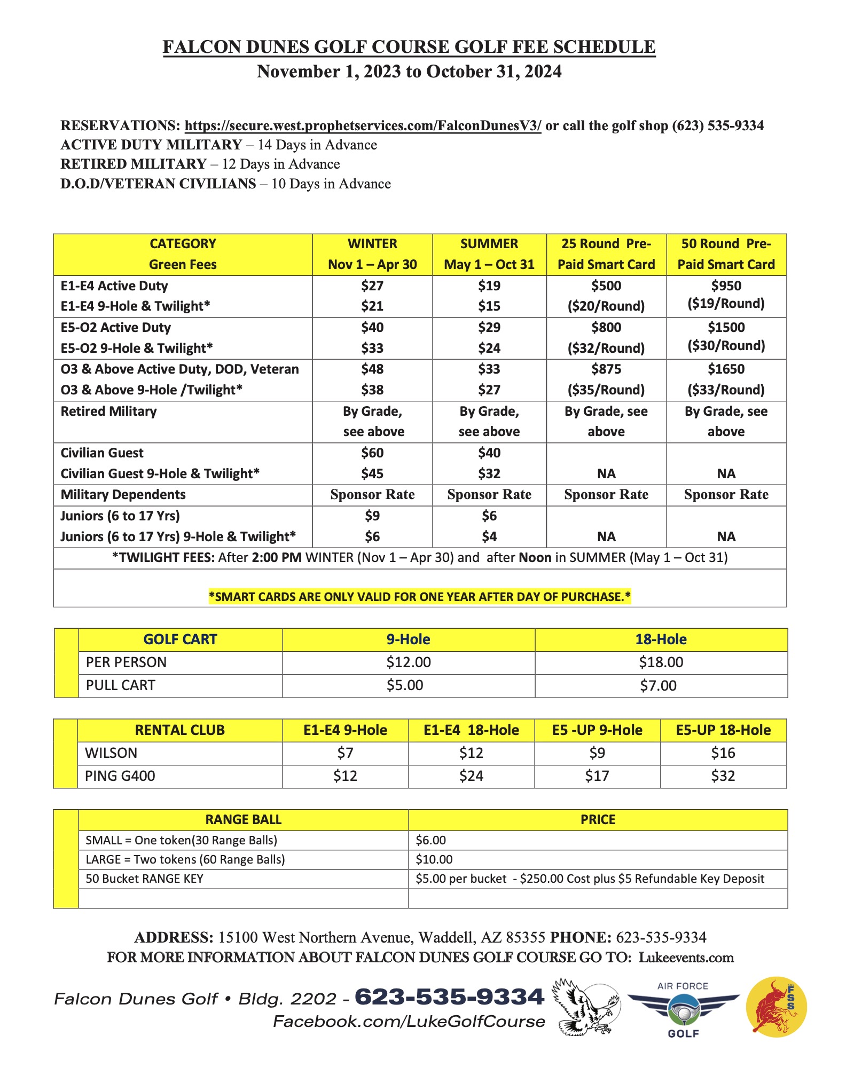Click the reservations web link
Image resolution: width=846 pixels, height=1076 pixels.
pos(363,126)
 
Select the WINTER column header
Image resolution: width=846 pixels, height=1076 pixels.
pos(372,244)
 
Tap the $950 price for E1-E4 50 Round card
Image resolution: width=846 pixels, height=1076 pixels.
pos(726,286)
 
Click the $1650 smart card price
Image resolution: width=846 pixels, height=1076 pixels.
pos(726,369)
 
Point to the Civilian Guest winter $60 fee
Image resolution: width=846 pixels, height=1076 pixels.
pos(372,453)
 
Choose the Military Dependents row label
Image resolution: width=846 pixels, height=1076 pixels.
pos(123,495)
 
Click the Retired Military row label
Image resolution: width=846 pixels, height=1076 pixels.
pos(109,412)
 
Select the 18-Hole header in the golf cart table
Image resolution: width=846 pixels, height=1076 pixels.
pos(661,639)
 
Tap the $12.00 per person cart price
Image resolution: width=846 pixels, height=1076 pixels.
pos(409,662)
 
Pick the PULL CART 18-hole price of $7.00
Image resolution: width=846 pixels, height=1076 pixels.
pos(658,685)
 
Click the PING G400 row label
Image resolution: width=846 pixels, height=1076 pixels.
pos(120,776)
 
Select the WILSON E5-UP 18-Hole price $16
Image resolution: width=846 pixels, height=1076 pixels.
pos(723,753)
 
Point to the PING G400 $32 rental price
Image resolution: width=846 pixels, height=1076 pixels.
pos(723,776)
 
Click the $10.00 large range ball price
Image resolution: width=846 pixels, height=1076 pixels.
pos(434,859)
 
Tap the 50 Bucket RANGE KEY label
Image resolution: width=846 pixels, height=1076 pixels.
pos(145,879)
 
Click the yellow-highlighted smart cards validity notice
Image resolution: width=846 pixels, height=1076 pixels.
pos(420,597)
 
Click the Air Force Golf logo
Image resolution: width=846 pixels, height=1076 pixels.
pos(683,1009)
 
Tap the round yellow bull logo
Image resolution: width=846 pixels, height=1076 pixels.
pos(776,1007)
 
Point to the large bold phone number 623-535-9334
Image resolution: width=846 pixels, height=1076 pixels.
pos(449,997)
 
